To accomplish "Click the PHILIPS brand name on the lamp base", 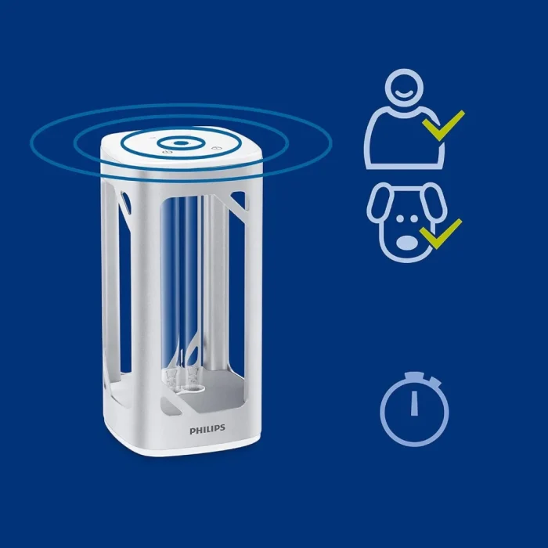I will pyautogui.click(x=207, y=429).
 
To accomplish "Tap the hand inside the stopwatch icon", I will pyautogui.click(x=414, y=402).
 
